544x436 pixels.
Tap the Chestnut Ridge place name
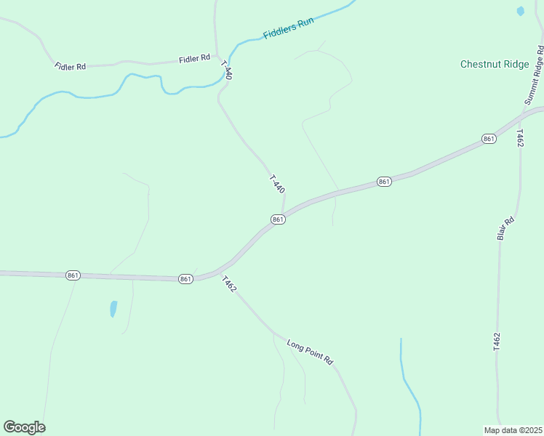(495, 64)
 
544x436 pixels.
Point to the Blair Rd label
(505, 228)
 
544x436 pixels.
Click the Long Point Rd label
(309, 352)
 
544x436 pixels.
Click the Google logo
(24, 427)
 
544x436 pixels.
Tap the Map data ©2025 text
(513, 429)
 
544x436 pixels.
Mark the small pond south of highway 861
(113, 309)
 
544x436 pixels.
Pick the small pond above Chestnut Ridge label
(520, 11)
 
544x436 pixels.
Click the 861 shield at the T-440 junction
(277, 219)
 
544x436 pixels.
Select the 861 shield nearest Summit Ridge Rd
(489, 139)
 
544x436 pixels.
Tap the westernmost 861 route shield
(73, 275)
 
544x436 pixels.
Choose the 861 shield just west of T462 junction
(185, 278)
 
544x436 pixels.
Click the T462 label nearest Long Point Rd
(229, 284)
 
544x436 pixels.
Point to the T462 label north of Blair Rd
(519, 139)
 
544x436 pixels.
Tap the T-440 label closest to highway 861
(276, 183)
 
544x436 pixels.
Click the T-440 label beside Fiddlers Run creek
(227, 69)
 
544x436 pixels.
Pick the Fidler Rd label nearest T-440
(196, 57)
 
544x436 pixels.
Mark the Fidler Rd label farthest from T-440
(71, 66)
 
